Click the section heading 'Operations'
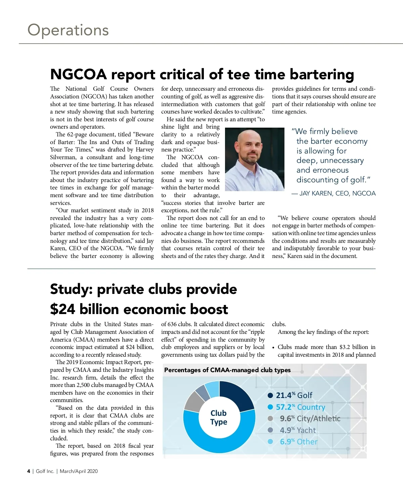(x=68, y=30)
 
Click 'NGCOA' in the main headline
(x=78, y=74)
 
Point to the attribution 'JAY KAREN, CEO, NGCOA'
(x=333, y=193)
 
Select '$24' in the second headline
(x=62, y=309)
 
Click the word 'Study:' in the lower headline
(x=71, y=289)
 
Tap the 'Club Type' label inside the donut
(x=219, y=417)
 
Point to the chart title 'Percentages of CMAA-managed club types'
(x=227, y=370)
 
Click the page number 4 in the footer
(x=29, y=471)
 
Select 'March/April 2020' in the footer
(x=79, y=471)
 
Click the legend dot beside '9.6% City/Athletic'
(x=270, y=419)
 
